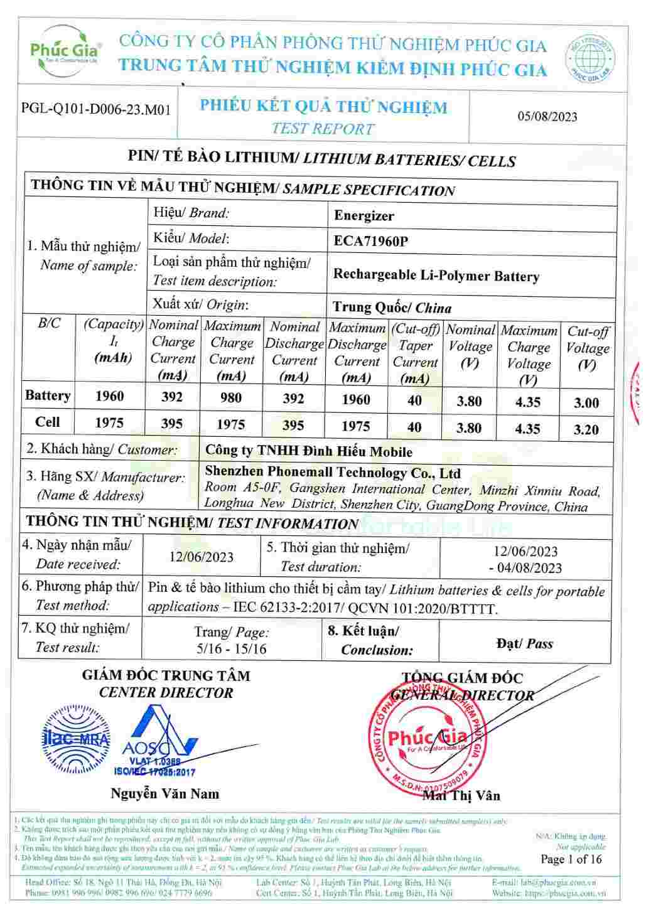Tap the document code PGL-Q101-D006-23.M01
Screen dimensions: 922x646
(x=96, y=109)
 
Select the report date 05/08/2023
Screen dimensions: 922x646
(x=547, y=116)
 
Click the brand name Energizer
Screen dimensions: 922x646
(x=364, y=216)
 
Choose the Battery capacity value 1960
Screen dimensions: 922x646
(x=109, y=396)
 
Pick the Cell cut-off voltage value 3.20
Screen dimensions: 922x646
(x=586, y=430)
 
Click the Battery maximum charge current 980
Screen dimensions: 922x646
(x=231, y=398)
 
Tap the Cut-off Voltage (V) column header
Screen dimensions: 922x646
(x=588, y=348)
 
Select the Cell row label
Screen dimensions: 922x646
(x=48, y=422)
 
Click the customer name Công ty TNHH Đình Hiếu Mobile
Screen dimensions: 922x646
(x=308, y=451)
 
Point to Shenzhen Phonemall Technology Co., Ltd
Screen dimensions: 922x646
(x=333, y=473)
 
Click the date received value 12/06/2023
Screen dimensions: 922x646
(x=201, y=557)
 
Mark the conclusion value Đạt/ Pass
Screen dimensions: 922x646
(x=524, y=643)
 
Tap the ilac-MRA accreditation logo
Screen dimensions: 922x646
(x=75, y=739)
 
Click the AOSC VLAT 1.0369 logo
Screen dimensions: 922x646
(x=155, y=741)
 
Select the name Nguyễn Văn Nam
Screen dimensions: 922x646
(x=165, y=793)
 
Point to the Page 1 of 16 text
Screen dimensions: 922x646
(x=571, y=859)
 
